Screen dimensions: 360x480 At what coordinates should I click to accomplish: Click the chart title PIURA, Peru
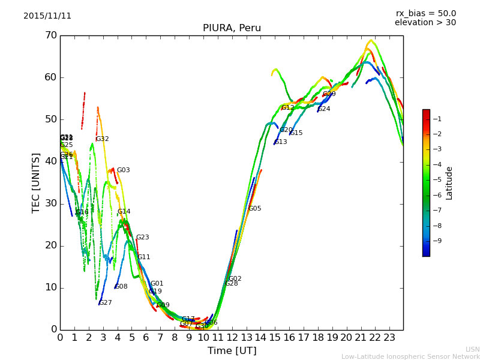[x=232, y=28]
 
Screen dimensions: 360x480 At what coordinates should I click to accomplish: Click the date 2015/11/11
[x=47, y=16]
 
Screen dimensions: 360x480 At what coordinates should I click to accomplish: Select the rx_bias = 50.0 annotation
[x=426, y=13]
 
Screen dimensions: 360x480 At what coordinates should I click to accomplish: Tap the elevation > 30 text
[x=425, y=23]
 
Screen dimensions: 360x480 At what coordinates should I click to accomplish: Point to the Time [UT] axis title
[x=232, y=351]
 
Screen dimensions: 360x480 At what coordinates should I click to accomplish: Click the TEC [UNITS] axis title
[x=36, y=183]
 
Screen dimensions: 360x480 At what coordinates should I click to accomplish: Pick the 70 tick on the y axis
[x=50, y=35]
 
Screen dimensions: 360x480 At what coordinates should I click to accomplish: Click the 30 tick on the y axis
[x=50, y=203]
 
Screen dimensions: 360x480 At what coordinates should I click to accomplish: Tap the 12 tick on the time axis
[x=232, y=338]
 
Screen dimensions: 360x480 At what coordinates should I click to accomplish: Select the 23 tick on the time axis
[x=389, y=338]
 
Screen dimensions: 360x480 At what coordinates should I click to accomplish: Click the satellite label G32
[x=103, y=139]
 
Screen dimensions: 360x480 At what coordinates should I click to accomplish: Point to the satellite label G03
[x=123, y=170]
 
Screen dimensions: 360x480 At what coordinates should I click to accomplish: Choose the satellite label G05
[x=255, y=209]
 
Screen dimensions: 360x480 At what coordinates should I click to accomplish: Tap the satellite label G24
[x=324, y=109]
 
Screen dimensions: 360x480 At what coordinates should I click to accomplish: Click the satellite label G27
[x=106, y=303]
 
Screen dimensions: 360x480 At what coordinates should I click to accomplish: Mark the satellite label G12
[x=288, y=108]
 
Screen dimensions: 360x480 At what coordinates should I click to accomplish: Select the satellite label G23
[x=143, y=238]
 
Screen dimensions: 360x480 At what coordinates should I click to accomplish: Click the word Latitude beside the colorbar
[x=449, y=183]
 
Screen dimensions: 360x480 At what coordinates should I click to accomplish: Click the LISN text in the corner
[x=473, y=350]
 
